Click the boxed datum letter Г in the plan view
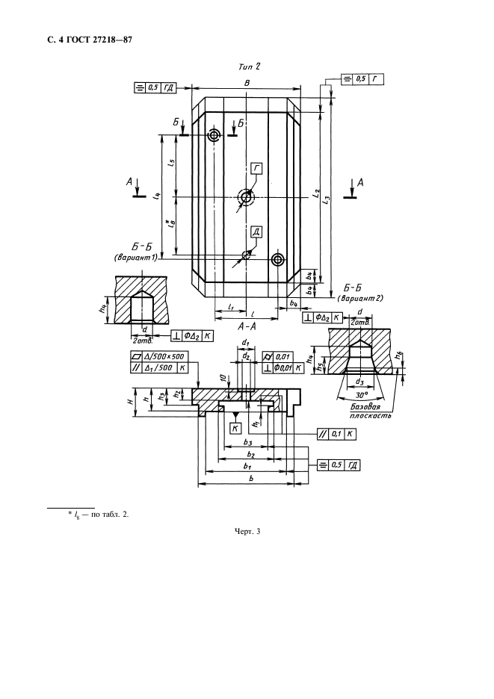[256, 169]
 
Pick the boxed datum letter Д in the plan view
[256, 232]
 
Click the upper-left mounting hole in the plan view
[214, 135]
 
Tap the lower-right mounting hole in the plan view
[278, 259]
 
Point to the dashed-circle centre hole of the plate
[246, 197]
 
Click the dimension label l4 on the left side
[155, 196]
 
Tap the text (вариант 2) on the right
[363, 298]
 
